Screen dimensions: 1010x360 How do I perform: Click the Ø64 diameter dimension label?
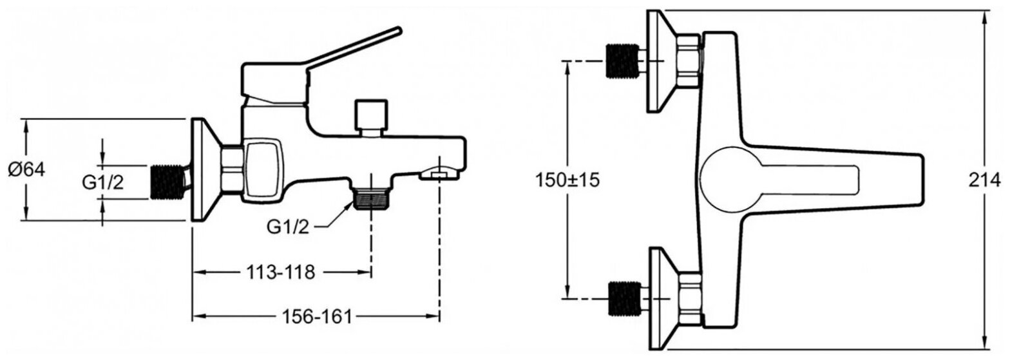26,170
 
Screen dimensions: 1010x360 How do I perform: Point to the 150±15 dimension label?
567,180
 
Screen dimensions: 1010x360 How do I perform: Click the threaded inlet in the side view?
169,181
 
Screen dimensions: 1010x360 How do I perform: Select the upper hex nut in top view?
689,61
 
